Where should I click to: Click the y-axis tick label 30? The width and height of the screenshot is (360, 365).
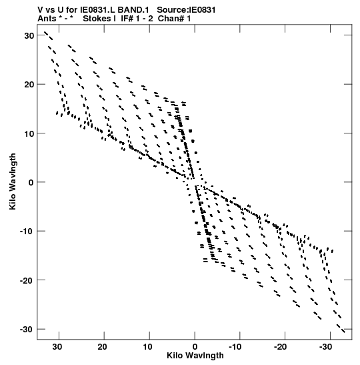(29, 36)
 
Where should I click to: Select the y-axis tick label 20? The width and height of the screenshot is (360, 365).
(29, 85)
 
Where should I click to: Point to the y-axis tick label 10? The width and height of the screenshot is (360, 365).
(29, 133)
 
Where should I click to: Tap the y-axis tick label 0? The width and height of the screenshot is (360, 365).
(31, 183)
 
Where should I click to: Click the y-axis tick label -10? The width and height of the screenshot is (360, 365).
(27, 232)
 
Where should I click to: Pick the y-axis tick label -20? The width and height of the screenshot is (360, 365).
(27, 280)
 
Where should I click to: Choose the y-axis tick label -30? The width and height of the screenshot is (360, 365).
(27, 330)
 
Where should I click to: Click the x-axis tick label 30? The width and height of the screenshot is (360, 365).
(57, 347)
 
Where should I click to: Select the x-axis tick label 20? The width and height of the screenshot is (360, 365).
(102, 347)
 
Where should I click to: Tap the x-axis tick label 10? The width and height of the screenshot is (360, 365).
(147, 347)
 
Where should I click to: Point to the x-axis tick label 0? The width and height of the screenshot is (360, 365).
(195, 347)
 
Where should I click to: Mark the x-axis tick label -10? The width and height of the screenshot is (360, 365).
(236, 347)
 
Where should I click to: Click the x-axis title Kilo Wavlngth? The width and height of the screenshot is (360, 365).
(195, 356)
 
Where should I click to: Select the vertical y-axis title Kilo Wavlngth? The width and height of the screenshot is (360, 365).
(13, 181)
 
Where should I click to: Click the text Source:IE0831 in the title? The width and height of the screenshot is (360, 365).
(186, 10)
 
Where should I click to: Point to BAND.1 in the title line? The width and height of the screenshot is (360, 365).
(133, 10)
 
